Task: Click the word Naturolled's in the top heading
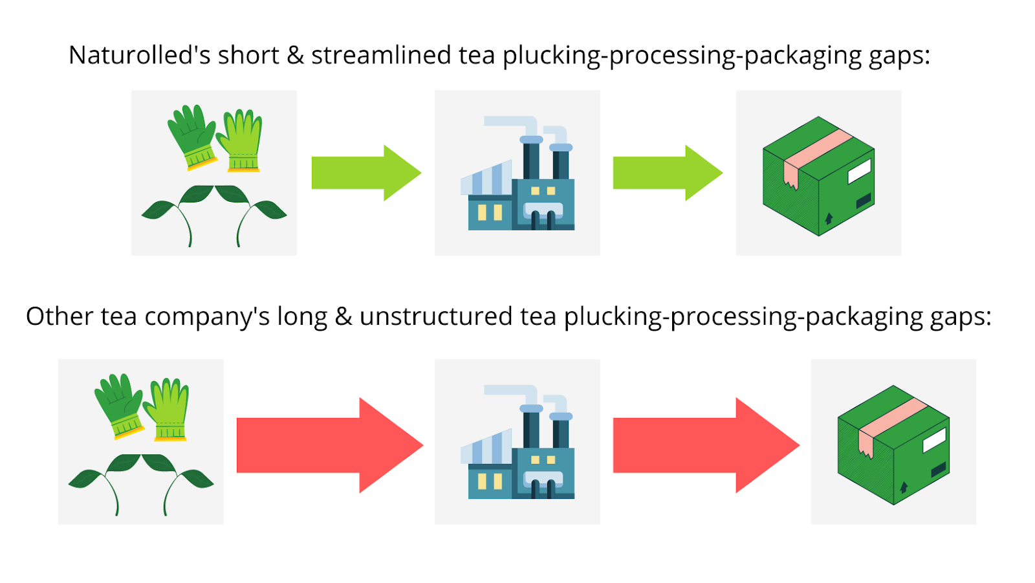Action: coord(140,56)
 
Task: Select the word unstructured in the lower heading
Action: coord(436,317)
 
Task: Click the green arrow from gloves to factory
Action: coord(365,173)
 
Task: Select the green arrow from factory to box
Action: coord(667,173)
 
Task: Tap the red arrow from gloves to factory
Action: coord(329,445)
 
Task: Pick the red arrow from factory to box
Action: coord(705,445)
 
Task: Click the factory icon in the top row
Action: coord(517,175)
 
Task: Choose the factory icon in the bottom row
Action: coord(517,444)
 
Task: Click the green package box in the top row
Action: coord(818,176)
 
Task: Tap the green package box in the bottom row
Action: coord(893,445)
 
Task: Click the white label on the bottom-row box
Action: coord(934,441)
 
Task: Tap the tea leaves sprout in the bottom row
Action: coord(141,482)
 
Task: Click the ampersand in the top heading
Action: coord(295,56)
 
